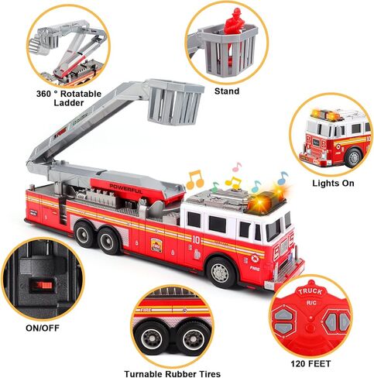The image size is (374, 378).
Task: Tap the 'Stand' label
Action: click(227, 91)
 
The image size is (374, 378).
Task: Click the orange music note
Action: click(195, 180)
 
